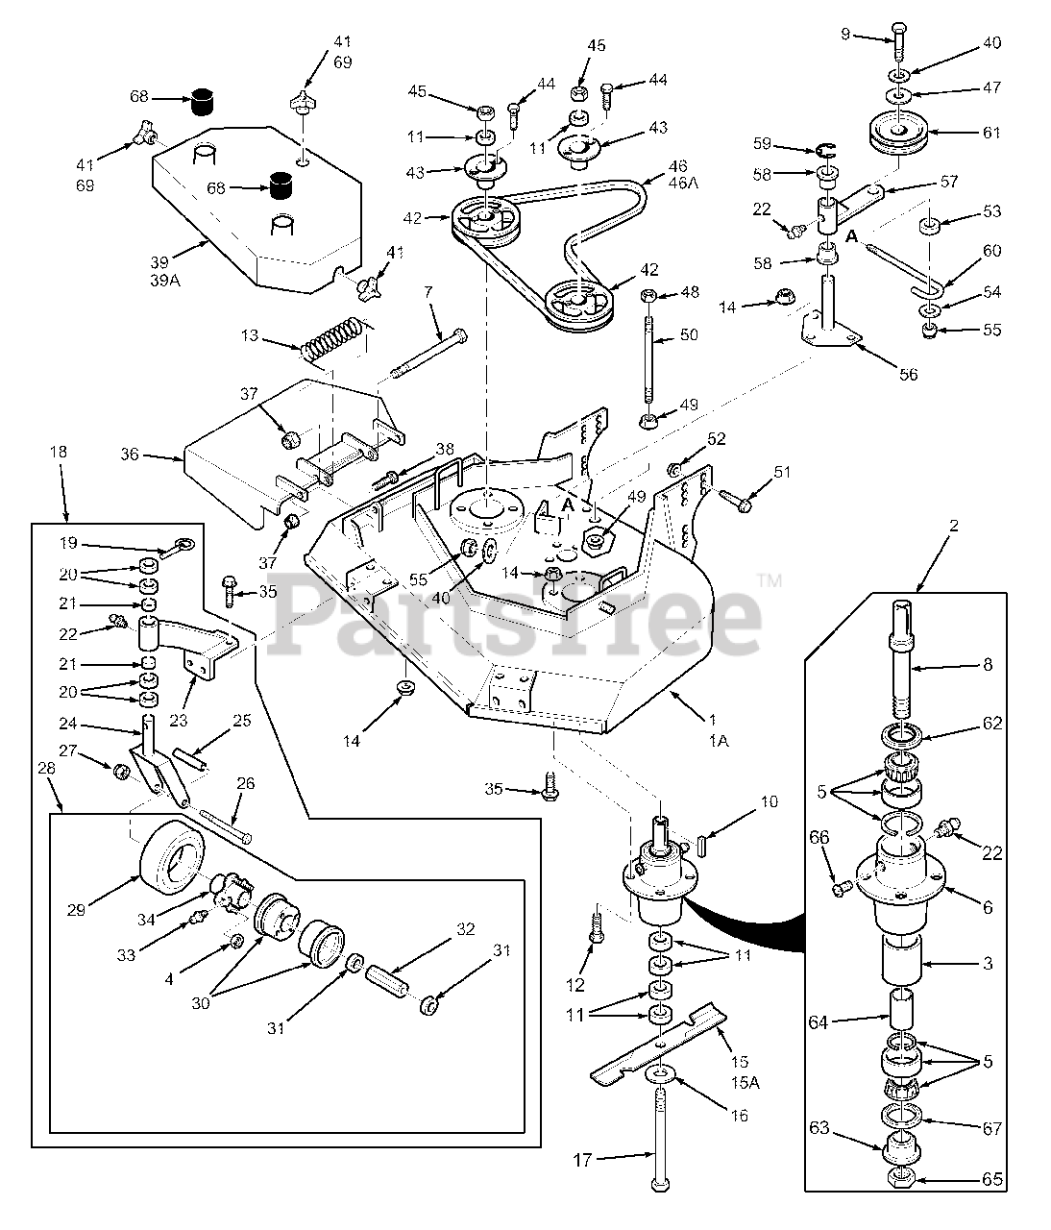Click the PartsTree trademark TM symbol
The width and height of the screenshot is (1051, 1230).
point(770,580)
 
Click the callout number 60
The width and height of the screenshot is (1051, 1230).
point(991,251)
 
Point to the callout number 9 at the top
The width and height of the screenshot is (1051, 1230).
point(845,34)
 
